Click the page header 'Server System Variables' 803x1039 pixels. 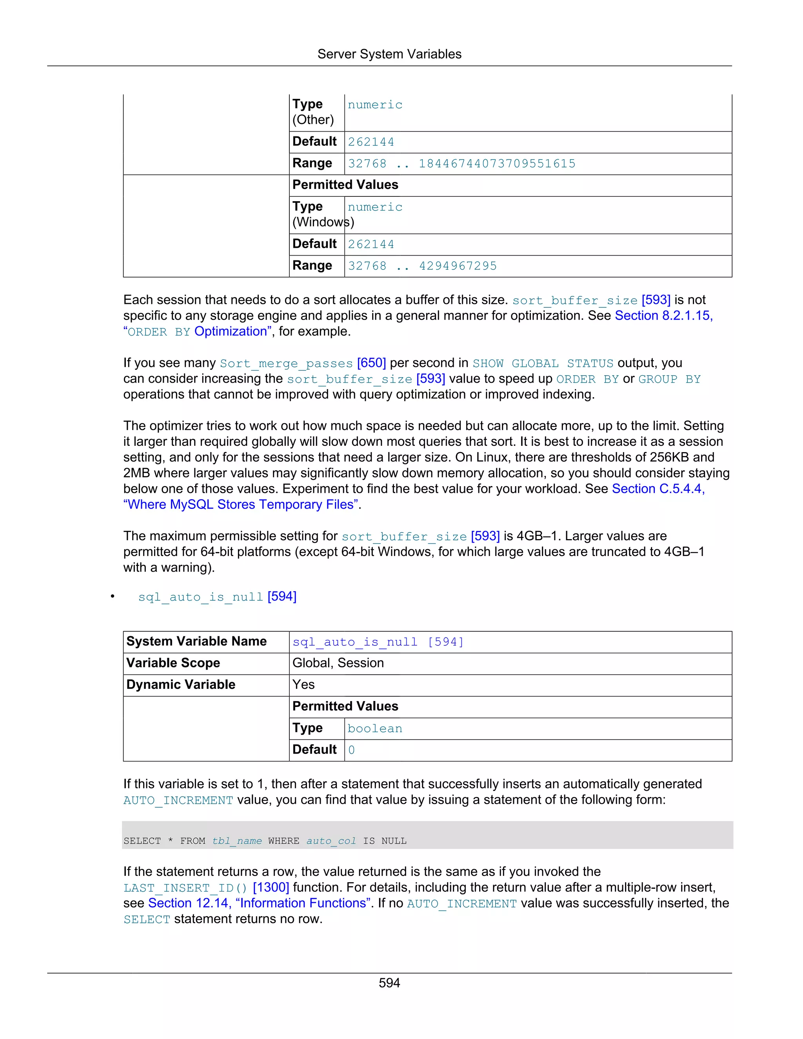coord(389,54)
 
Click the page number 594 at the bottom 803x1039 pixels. coord(389,983)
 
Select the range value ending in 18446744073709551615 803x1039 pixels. coord(461,163)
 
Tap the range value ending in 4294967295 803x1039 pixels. coord(422,266)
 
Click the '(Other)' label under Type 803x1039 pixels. coord(313,120)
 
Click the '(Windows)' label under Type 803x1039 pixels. coord(323,222)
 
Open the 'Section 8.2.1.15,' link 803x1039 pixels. coord(664,316)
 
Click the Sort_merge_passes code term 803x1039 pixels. coord(286,363)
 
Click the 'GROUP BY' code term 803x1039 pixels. coord(669,379)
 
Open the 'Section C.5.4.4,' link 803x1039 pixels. coord(658,489)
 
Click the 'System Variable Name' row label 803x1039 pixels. coord(196,641)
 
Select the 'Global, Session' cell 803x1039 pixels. coord(338,663)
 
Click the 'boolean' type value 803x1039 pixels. coord(374,728)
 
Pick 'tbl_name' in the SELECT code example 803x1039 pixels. coord(236,841)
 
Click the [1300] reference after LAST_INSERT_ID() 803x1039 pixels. coord(271,888)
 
